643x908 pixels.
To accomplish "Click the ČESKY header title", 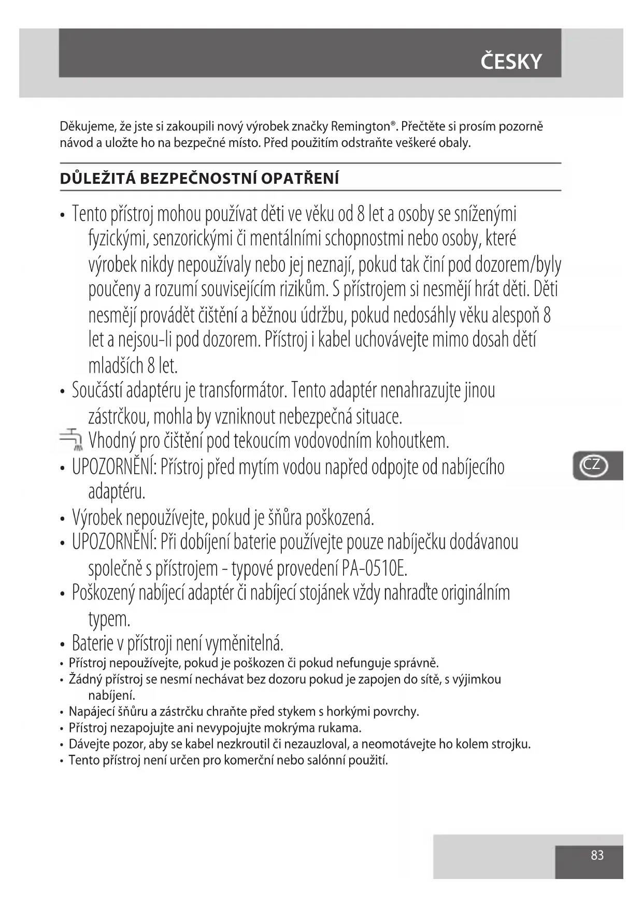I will pyautogui.click(x=510, y=62).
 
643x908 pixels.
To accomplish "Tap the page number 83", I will pyautogui.click(x=597, y=855).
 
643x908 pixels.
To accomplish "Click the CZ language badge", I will pyautogui.click(x=592, y=465).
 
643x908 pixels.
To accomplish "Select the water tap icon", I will pyautogui.click(x=72, y=439).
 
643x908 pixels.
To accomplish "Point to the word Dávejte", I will pyautogui.click(x=87, y=744).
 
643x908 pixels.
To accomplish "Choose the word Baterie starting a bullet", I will pyautogui.click(x=92, y=643).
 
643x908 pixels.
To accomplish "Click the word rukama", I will pyautogui.click(x=339, y=728).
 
